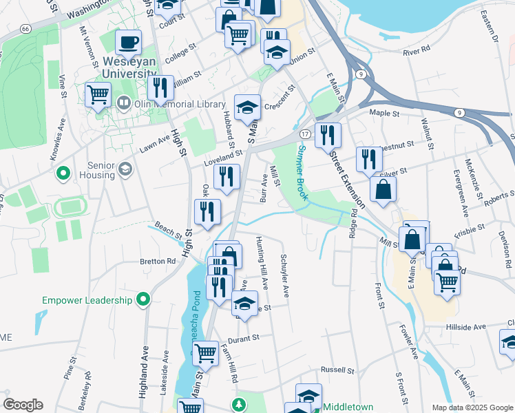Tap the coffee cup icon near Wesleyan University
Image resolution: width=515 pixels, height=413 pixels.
pos(128,43)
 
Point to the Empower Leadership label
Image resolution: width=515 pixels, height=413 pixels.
pos(87,300)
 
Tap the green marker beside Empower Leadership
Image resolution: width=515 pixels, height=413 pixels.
pos(143,299)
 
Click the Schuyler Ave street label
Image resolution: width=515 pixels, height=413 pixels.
pos(284,276)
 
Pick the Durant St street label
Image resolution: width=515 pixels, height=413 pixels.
pos(244,338)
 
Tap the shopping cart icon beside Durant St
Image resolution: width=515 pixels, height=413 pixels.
pos(206,354)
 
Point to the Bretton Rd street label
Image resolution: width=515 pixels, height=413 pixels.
pos(158,262)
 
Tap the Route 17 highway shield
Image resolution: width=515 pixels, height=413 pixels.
pos(305,133)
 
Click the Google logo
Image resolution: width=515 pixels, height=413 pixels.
pos(23,405)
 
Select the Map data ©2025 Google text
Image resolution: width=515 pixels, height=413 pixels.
pos(471,407)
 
